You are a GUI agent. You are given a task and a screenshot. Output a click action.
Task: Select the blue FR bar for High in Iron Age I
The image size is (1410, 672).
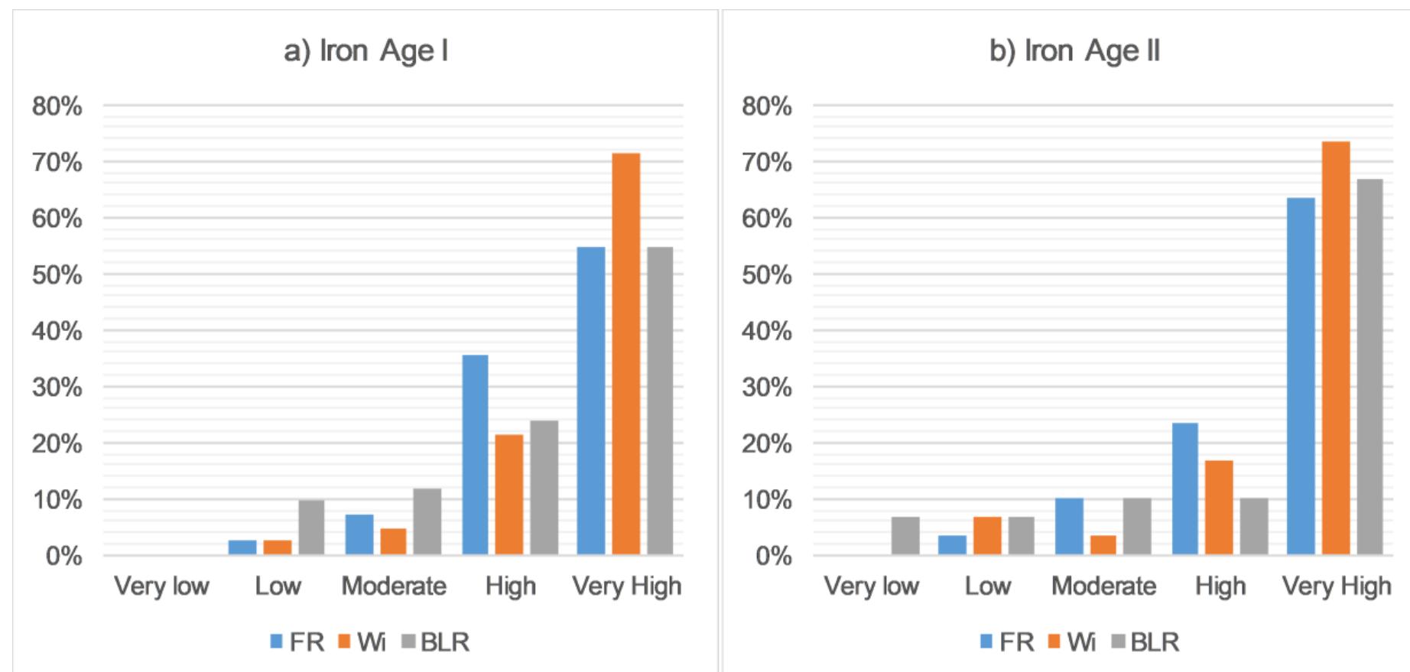coord(475,455)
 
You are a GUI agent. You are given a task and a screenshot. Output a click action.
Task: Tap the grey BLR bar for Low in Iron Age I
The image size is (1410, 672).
coord(311,528)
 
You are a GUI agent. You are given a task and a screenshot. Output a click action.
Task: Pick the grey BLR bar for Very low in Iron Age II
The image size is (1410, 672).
coord(905,536)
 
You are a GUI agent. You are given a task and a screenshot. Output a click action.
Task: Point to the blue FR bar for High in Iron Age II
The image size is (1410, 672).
coord(1184,489)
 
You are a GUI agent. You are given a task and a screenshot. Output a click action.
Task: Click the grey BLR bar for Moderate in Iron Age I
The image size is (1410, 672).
coord(427,521)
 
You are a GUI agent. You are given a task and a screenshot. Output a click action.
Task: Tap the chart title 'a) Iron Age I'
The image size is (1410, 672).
coord(365,51)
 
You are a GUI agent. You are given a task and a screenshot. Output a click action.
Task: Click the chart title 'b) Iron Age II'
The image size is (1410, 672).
coord(1074,51)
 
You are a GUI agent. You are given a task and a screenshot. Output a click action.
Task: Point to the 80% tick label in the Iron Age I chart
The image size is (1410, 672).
coord(57,106)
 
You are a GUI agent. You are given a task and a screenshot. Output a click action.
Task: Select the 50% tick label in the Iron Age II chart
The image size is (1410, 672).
coord(766,275)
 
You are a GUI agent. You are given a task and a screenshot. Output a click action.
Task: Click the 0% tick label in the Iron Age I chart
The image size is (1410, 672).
coord(63,556)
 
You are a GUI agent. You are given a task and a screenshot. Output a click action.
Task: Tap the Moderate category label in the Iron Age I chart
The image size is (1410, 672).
coord(394,586)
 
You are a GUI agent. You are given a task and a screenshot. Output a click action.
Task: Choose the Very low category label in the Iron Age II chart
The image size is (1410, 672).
coord(871,586)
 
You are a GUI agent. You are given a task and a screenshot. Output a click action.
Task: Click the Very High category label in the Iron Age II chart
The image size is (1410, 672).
coord(1336,586)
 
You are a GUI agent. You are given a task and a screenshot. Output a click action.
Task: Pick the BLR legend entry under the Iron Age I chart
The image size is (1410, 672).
coord(435,642)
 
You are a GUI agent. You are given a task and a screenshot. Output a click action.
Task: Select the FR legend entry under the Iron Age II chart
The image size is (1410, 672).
coord(1007,642)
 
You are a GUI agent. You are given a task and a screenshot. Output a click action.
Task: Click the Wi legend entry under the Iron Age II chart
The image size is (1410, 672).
coord(1072,642)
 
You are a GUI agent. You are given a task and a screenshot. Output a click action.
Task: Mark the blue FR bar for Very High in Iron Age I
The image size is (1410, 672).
coord(590,401)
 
